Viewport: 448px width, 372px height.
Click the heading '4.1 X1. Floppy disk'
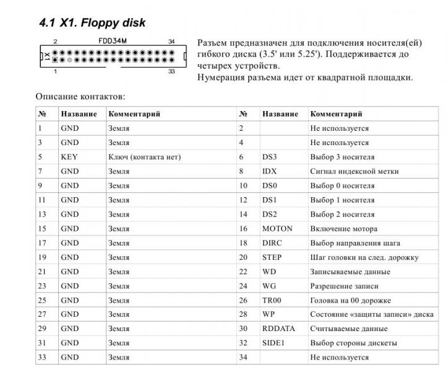92,24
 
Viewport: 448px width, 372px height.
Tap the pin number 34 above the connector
171,42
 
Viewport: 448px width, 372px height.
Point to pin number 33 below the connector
171,71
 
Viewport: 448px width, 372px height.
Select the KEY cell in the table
69,157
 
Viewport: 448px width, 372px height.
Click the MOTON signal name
277,229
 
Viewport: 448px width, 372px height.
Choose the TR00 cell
273,300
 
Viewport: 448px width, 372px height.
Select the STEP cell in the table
272,257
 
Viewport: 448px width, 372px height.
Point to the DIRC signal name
272,243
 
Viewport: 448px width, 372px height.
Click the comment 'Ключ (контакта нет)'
144,157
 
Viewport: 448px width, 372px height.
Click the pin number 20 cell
243,257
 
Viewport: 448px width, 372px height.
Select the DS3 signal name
270,157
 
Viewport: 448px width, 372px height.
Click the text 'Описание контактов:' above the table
80,97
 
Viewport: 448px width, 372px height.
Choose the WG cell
269,286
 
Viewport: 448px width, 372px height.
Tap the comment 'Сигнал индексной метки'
354,172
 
